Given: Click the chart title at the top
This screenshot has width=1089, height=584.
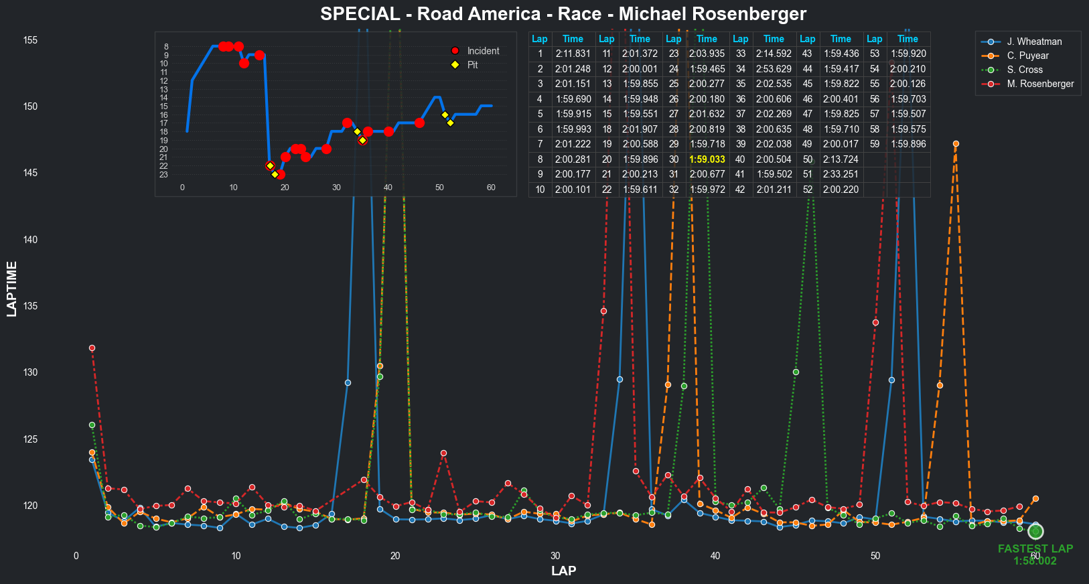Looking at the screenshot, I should point(563,14).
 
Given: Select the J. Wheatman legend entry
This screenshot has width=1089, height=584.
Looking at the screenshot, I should point(1034,42).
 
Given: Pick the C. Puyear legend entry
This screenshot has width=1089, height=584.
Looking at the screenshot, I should point(1027,56).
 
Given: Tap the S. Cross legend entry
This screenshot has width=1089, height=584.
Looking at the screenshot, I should point(1025,70).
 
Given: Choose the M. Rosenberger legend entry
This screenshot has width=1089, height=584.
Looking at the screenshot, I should point(1040,84).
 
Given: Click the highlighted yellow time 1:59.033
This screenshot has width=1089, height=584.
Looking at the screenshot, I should point(707,159).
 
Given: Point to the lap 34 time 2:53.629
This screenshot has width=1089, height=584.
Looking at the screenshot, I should point(774,69).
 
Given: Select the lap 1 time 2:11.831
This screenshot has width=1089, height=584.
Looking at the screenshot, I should point(573,54).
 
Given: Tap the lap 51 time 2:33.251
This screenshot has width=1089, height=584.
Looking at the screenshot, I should point(841,174).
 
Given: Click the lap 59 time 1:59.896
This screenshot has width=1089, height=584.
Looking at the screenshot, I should point(907,144).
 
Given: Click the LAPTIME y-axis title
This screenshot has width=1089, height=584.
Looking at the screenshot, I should point(11,289).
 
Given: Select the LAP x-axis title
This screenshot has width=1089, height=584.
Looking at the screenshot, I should point(563,571).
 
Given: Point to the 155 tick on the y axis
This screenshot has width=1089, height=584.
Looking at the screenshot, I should point(30,40).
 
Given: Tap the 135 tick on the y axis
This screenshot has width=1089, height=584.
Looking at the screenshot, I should point(30,306).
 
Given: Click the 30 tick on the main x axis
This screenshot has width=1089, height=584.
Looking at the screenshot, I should point(555,556).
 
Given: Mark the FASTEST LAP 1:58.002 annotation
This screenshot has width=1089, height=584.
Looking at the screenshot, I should point(1035,555).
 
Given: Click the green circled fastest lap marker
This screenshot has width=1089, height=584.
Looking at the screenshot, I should point(1035,531).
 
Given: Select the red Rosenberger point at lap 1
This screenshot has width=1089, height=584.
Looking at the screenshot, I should point(92,348).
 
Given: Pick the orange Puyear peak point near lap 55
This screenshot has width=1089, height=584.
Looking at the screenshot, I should point(956,144).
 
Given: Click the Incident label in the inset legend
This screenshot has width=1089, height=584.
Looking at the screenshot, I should point(483,51).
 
